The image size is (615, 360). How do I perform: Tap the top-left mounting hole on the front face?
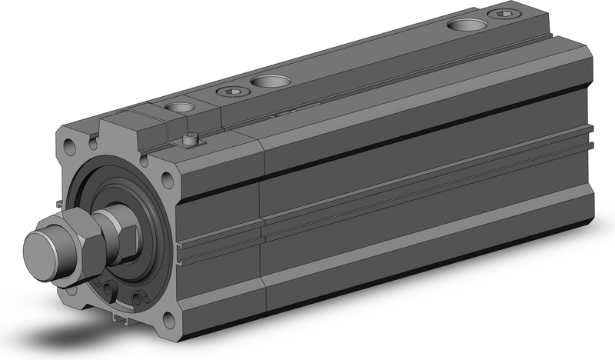71,143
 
